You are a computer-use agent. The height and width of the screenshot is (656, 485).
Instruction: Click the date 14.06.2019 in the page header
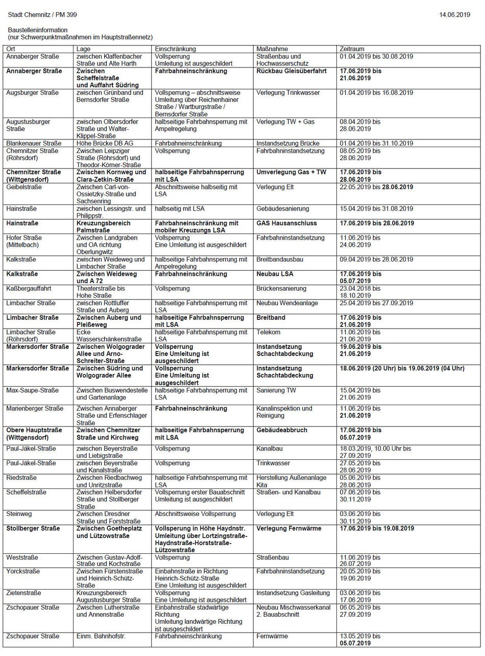point(454,15)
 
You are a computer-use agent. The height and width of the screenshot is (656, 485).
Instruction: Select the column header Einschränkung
point(175,49)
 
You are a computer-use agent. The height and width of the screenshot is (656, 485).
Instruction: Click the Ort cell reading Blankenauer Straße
point(34,144)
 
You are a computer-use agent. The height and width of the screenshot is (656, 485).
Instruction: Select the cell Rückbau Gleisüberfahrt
point(292,71)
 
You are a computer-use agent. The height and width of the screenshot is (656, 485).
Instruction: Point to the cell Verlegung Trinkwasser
point(289,93)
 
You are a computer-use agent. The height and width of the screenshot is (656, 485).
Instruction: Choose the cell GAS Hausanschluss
point(286,223)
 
